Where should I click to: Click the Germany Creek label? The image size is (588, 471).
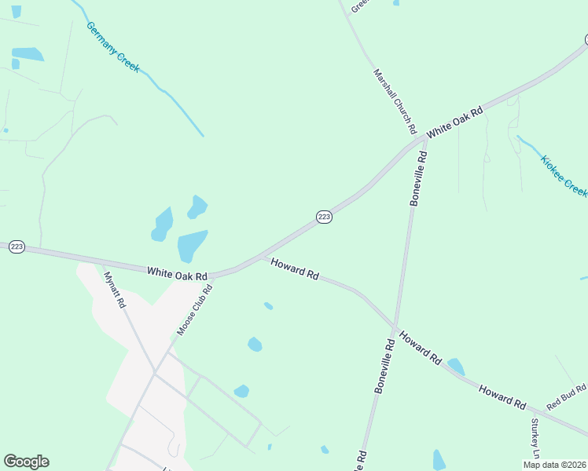[x=113, y=47]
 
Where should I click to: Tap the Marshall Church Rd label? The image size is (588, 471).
[x=394, y=100]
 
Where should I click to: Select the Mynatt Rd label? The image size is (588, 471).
[x=115, y=289]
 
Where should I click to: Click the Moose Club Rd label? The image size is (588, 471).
[x=195, y=307]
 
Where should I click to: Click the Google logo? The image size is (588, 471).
[x=26, y=462]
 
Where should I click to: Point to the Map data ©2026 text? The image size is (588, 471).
[x=554, y=465]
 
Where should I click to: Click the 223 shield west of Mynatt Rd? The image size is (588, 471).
[x=17, y=246]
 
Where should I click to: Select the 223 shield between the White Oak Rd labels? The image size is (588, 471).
[x=324, y=217]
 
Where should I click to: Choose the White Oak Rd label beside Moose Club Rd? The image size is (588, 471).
[x=177, y=272]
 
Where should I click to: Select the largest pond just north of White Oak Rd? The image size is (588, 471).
[x=192, y=246]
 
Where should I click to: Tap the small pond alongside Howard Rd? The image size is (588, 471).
[x=455, y=366]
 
